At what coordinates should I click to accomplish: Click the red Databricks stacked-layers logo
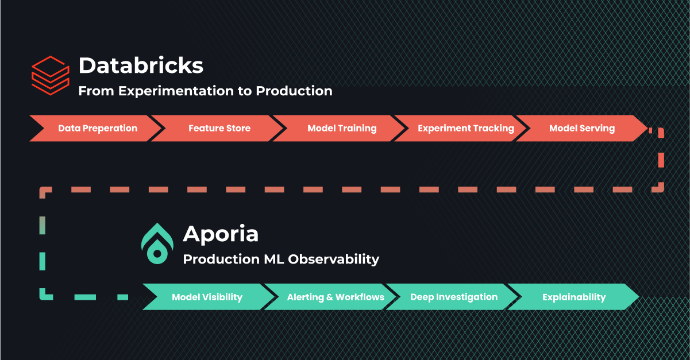point(51,75)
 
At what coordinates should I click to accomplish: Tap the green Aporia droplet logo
point(157,243)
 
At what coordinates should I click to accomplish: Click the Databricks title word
point(141,65)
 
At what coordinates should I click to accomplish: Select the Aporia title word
point(221,234)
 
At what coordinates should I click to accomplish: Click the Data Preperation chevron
point(95,128)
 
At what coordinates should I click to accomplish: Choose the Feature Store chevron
point(217,128)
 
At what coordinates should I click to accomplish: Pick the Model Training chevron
point(339,128)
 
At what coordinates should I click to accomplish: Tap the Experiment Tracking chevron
point(461,128)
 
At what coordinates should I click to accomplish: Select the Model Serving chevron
point(582,128)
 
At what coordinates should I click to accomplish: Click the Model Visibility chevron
point(208,297)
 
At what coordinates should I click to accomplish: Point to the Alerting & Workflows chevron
point(330,297)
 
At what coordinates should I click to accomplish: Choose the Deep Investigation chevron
point(452,297)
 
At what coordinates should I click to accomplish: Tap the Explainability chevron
point(573,297)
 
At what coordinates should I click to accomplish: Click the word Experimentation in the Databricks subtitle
point(176,91)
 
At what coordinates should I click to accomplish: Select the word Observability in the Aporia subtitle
point(334,260)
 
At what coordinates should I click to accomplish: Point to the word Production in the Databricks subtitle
point(294,91)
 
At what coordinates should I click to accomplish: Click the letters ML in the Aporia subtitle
point(274,260)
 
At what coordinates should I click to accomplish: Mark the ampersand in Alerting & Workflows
point(330,297)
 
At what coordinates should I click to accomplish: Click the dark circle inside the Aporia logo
point(157,254)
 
